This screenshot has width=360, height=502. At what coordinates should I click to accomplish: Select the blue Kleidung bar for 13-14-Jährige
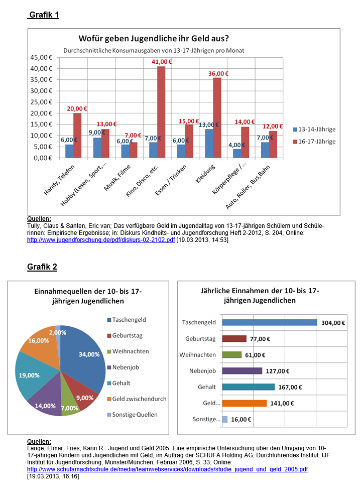209,144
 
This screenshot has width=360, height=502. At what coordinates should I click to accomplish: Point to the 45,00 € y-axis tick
43,57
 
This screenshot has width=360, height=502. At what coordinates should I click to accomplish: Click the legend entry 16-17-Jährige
317,142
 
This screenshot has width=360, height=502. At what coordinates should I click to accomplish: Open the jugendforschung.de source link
100,240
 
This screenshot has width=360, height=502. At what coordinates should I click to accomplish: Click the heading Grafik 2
42,267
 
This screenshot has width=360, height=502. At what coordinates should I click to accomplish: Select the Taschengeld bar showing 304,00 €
269,322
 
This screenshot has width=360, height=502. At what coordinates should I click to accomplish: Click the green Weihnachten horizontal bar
231,354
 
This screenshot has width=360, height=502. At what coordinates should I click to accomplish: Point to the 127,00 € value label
278,371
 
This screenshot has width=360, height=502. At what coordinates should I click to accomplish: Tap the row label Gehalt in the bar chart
207,387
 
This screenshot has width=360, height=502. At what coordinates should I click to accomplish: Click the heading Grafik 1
44,15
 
